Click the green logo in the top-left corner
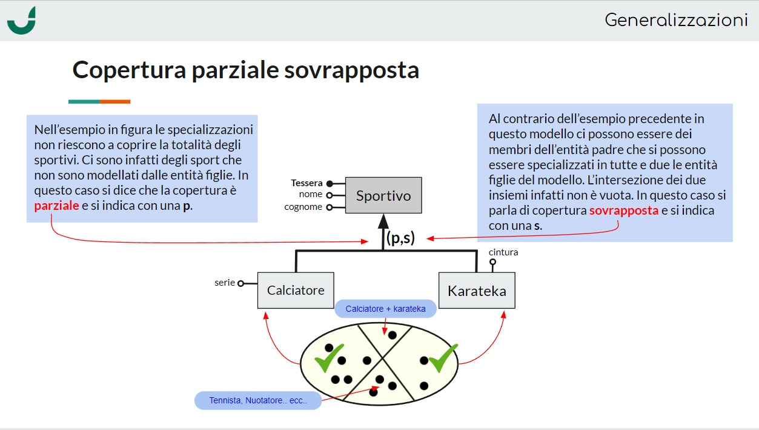pos(22,21)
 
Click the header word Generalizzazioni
pos(676,20)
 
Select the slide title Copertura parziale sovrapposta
pos(245,70)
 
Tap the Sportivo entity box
pos(383,195)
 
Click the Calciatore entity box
pos(296,291)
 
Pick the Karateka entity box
pos(477,291)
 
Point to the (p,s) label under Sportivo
pos(400,238)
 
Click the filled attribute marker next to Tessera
pos(330,183)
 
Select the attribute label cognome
pos(303,207)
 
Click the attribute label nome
pos(310,195)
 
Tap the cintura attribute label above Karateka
pos(503,252)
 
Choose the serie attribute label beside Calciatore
pos(224,283)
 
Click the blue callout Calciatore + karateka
pos(385,309)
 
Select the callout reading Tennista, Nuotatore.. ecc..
pos(257,400)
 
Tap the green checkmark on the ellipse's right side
pos(443,358)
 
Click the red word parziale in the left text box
pos(56,206)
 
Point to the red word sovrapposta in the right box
pos(623,211)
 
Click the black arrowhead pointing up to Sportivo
pos(383,221)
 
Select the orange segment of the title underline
pos(115,101)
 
